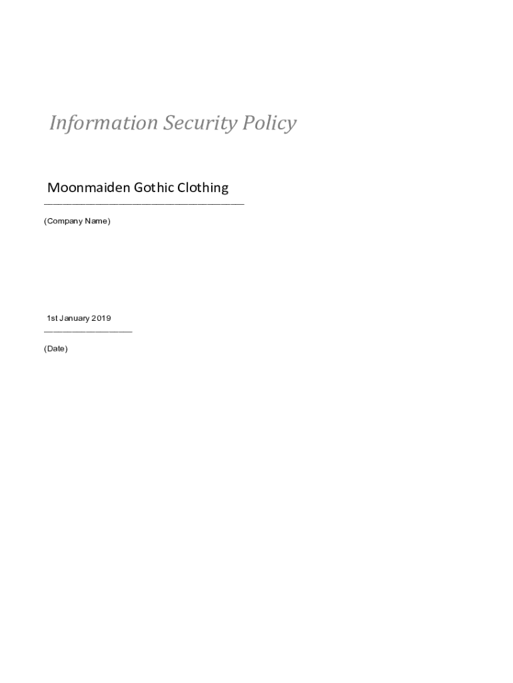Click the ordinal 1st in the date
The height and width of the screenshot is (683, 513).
[52, 318]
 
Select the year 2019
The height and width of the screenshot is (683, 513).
[102, 318]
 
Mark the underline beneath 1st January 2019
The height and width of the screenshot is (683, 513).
[88, 331]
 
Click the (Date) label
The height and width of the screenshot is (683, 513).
[56, 349]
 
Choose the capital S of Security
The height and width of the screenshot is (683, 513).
[170, 123]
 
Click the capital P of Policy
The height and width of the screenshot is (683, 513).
[248, 123]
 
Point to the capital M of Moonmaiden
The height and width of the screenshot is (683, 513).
[53, 187]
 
